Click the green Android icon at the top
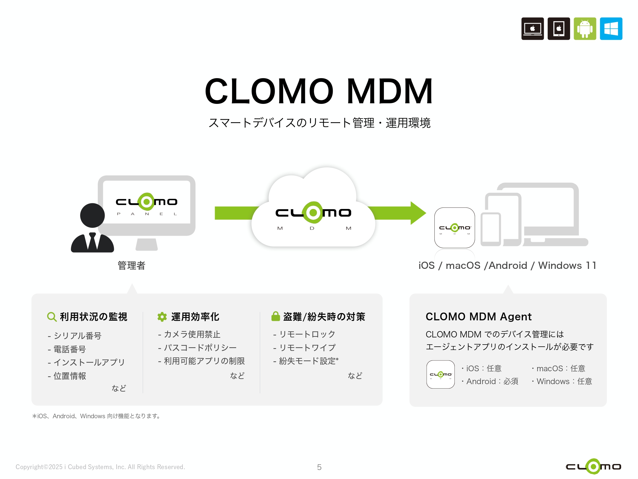click(x=584, y=29)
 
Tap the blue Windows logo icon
click(x=611, y=29)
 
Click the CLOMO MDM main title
click(x=319, y=91)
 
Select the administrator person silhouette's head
click(x=92, y=216)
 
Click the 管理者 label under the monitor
click(x=131, y=266)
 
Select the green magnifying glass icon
click(x=52, y=317)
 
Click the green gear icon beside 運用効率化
click(x=162, y=317)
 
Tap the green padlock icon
click(x=275, y=316)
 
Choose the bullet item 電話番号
click(x=69, y=349)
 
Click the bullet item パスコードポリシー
click(x=200, y=348)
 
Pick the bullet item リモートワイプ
click(x=307, y=348)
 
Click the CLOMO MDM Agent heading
click(x=478, y=316)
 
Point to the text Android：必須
click(x=492, y=381)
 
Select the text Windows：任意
click(x=564, y=381)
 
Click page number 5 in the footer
click(x=319, y=467)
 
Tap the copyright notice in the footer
click(x=100, y=467)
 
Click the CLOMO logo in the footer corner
click(x=593, y=466)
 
